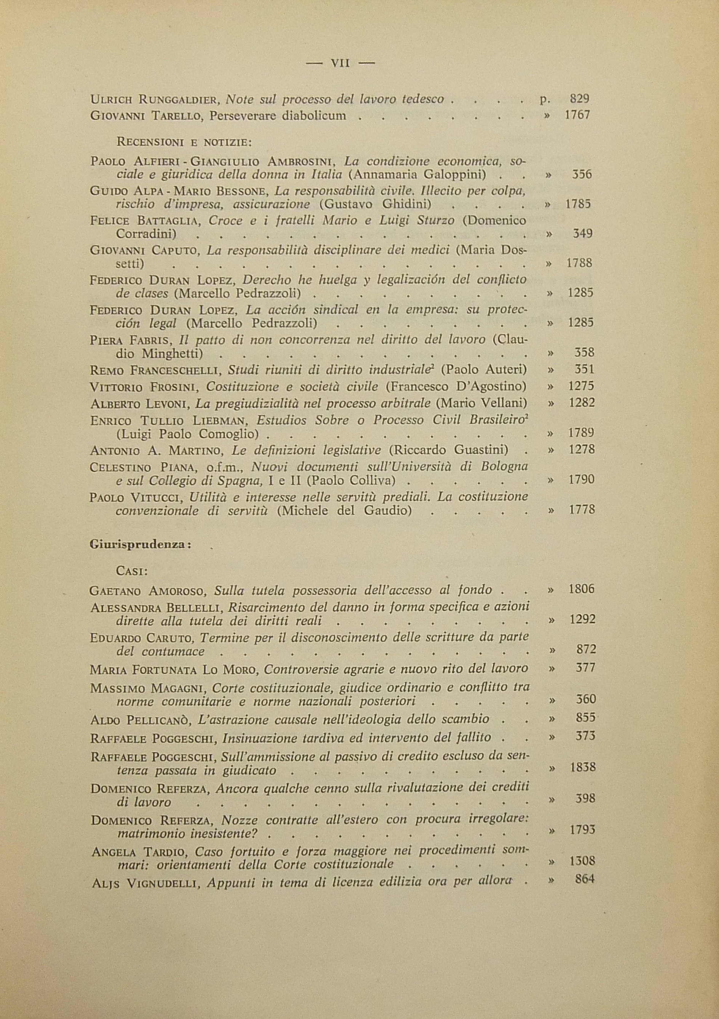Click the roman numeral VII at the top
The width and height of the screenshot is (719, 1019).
[341, 64]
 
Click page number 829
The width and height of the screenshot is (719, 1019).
[579, 99]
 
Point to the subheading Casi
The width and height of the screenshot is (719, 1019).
[132, 571]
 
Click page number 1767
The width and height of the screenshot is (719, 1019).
[577, 115]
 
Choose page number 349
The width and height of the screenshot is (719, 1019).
[582, 233]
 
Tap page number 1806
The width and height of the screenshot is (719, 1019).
[581, 590]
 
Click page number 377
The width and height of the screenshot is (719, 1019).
[585, 668]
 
